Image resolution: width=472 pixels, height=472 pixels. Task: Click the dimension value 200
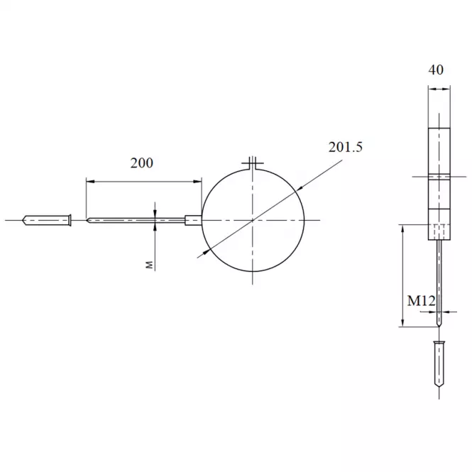(141, 163)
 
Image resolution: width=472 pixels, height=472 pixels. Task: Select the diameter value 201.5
(345, 147)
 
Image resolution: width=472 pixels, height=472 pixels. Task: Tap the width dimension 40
(436, 70)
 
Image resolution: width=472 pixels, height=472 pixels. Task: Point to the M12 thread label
(421, 301)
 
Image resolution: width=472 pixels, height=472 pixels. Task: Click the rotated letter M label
(150, 265)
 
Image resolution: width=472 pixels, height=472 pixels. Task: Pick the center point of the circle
(253, 220)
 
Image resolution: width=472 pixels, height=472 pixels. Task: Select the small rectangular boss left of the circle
(193, 220)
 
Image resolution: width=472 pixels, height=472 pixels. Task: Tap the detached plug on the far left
(47, 220)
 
